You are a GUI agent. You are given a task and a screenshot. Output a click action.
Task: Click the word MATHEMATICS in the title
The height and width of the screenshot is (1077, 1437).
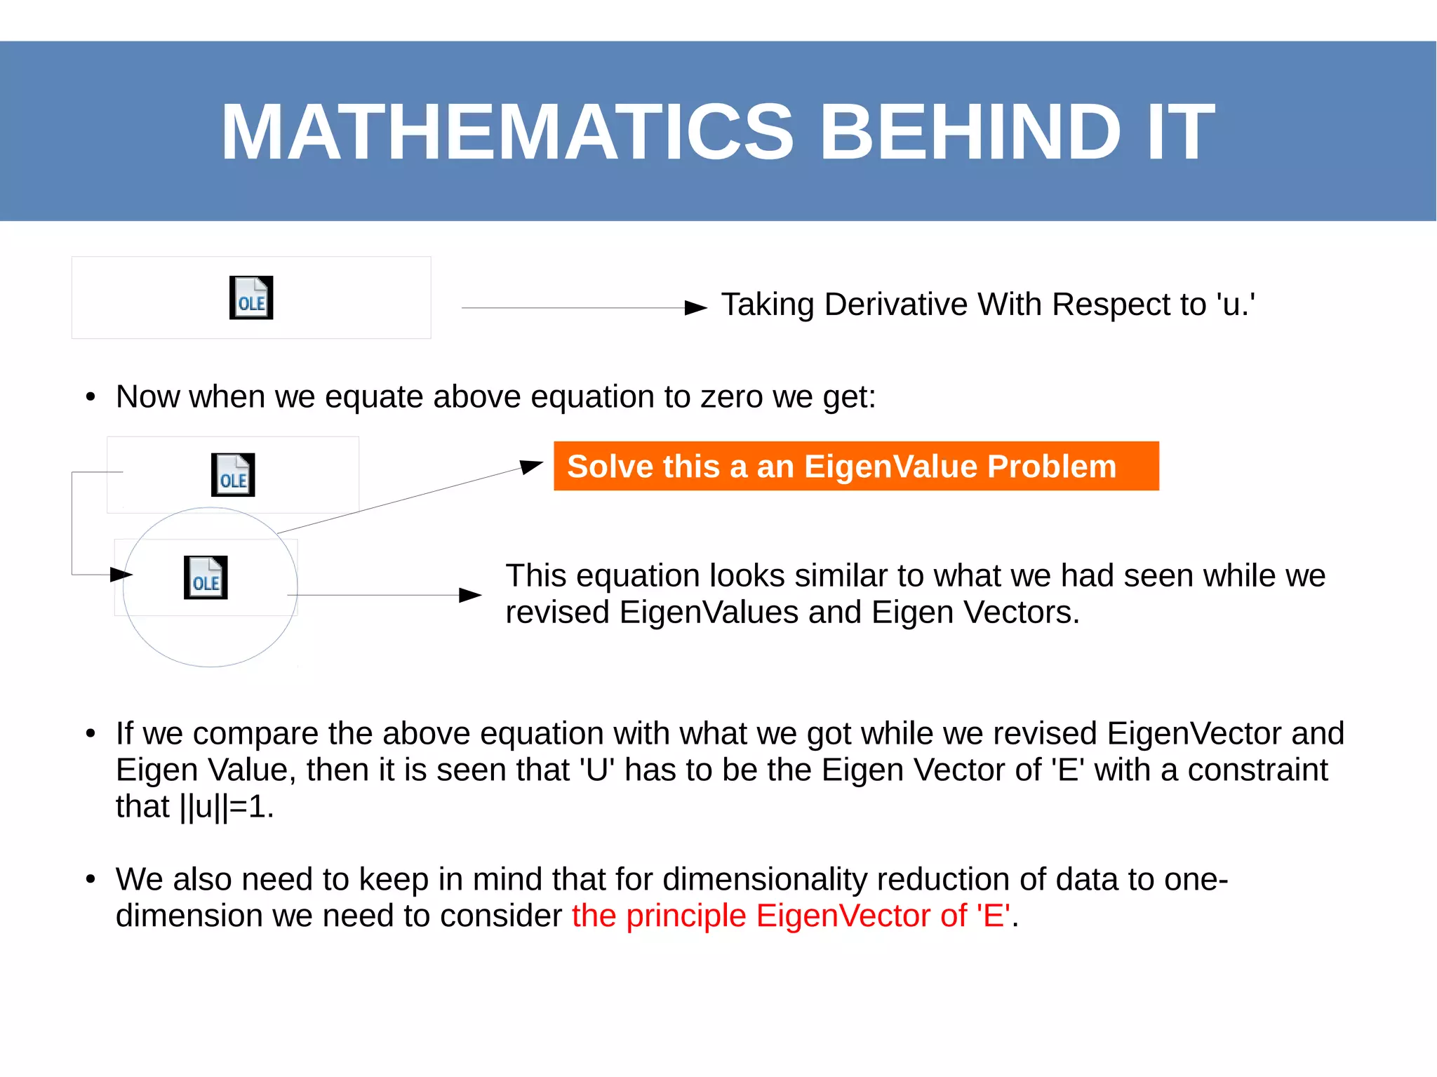point(507,132)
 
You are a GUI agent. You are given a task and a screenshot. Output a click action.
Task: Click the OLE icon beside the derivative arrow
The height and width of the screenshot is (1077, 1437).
point(251,297)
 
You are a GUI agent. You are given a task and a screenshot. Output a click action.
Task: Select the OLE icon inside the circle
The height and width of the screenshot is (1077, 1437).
point(206,577)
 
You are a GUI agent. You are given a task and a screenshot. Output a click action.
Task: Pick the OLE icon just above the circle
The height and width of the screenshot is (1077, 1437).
point(233,475)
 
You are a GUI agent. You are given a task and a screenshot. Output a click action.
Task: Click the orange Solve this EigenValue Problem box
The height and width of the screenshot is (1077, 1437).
point(855,466)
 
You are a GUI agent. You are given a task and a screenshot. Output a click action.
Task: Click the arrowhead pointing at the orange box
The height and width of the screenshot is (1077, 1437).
point(531,466)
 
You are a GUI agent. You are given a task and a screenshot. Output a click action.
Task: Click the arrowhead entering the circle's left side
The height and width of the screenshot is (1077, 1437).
point(121,575)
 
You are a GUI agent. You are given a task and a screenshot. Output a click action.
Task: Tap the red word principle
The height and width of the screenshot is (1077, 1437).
point(686,916)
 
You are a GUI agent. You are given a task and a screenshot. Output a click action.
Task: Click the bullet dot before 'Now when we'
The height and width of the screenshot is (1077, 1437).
point(90,397)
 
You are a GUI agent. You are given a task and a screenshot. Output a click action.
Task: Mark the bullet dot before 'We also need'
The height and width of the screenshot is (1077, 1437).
point(90,879)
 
